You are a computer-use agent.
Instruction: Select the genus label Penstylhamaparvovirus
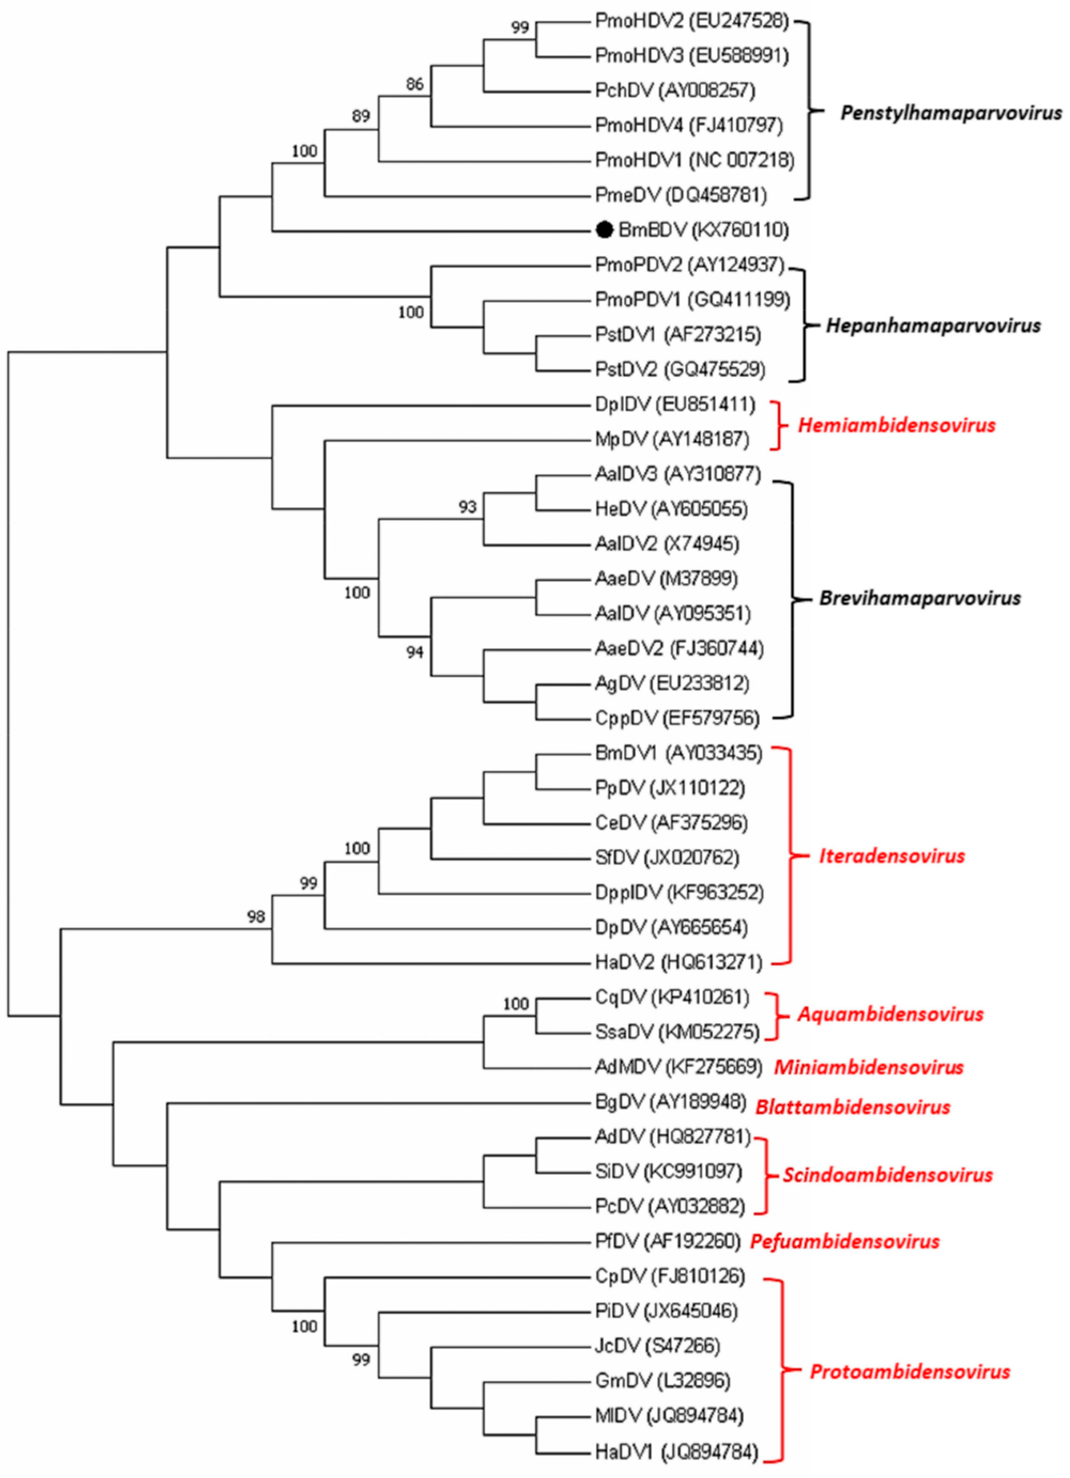(950, 113)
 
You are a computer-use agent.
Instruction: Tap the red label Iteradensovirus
(891, 856)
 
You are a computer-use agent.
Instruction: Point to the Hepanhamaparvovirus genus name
(933, 325)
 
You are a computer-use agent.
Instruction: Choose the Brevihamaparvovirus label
(919, 598)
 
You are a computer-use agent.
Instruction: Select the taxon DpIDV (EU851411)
(675, 405)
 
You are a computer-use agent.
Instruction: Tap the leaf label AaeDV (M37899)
(666, 579)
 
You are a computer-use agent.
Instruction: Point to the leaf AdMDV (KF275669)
(678, 1067)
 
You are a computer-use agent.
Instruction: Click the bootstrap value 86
(415, 84)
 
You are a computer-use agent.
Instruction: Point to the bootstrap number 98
(256, 916)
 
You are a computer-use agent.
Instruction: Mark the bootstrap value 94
(415, 652)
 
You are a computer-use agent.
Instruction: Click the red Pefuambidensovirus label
(845, 1241)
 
